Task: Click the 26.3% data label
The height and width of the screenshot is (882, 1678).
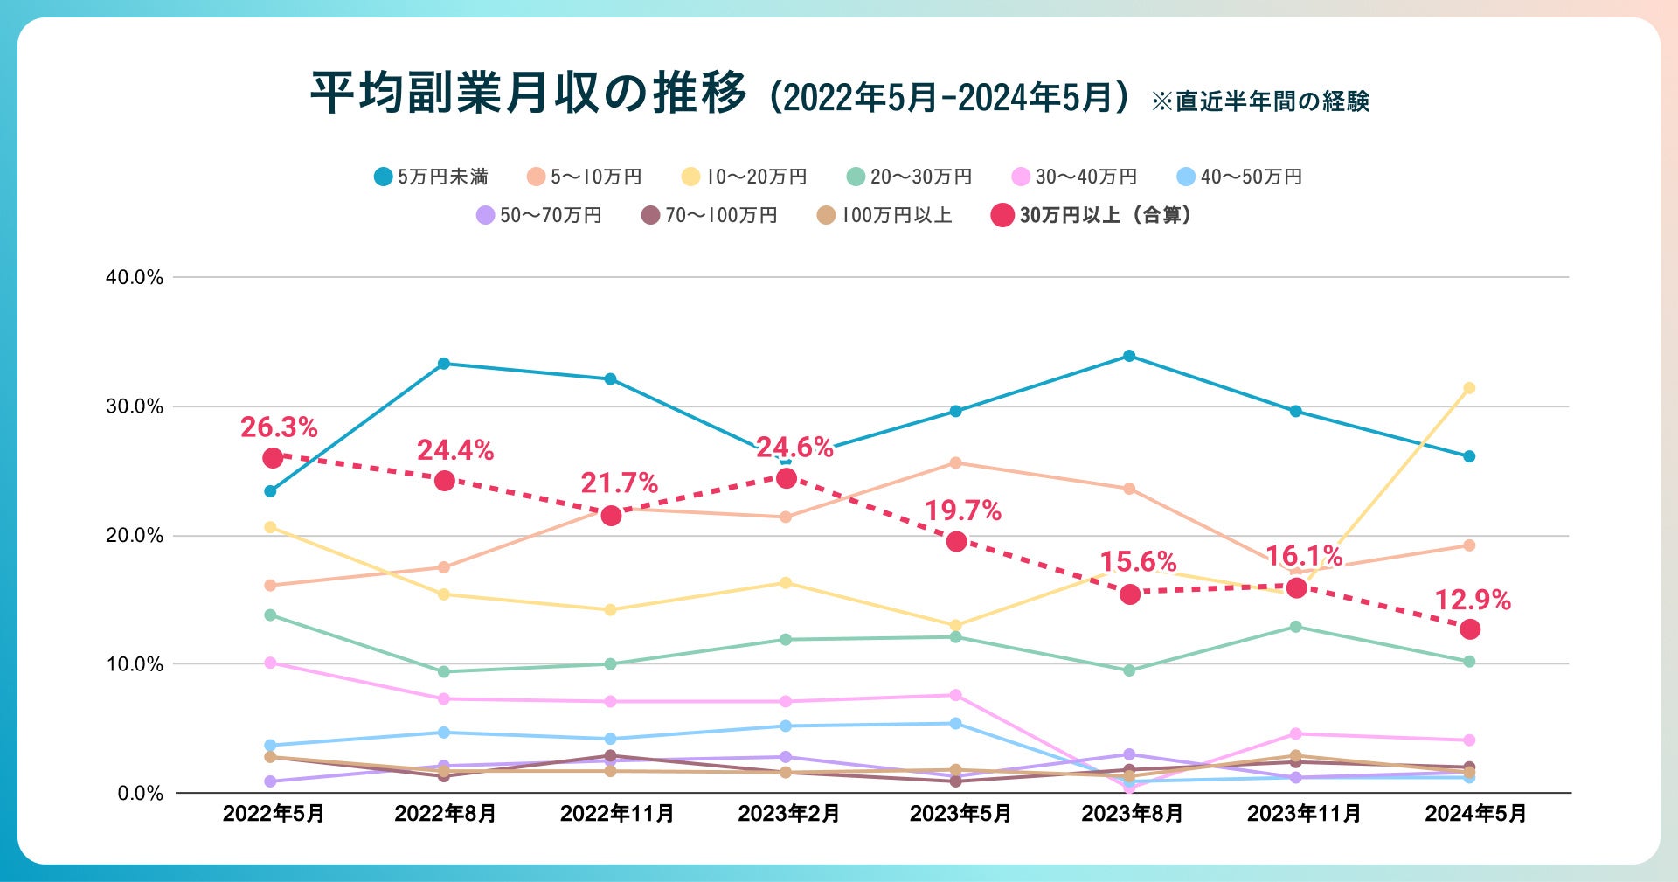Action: pos(279,427)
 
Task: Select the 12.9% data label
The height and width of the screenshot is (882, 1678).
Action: pos(1473,601)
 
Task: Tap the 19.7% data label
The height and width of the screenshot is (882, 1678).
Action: pos(963,511)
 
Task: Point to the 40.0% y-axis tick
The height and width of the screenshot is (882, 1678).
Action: pos(135,278)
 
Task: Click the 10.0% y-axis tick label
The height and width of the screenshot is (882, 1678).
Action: pos(135,664)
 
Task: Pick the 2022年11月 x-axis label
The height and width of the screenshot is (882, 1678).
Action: pos(617,814)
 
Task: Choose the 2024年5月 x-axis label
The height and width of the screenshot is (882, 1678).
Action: pos(1475,814)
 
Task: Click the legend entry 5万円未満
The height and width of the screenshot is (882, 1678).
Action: pos(431,177)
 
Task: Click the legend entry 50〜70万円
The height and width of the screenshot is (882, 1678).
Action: pos(539,215)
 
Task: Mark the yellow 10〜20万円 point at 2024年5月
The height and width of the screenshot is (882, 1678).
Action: pos(1469,388)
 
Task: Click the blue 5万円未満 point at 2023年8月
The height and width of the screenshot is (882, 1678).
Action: pos(1129,356)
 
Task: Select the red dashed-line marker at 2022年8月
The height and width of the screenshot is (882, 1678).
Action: pos(445,481)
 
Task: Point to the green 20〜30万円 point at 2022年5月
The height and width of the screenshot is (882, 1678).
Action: pos(270,615)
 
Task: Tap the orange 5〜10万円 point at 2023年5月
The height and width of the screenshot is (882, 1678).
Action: pos(955,463)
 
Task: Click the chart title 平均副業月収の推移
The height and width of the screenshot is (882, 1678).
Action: pos(529,93)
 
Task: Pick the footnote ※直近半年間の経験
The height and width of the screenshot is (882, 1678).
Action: pos(1259,101)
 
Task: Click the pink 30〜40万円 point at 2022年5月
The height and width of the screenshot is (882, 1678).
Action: pos(270,663)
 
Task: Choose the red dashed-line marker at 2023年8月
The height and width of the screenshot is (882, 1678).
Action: pos(1130,594)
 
